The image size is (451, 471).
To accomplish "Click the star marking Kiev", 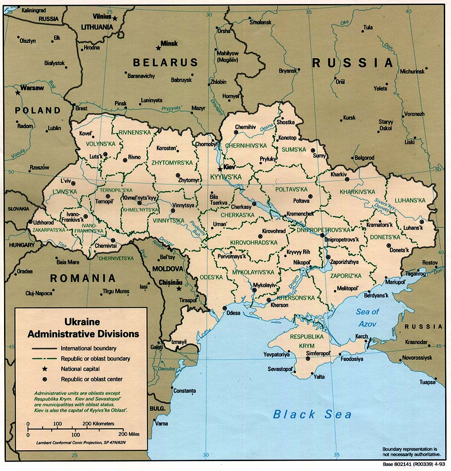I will [220, 169].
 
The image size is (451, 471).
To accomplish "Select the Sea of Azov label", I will [368, 318].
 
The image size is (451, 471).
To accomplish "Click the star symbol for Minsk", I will [158, 48].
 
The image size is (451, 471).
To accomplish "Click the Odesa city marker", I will [225, 308].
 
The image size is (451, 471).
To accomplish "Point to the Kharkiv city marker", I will [347, 179].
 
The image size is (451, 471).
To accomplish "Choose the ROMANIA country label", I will [83, 279].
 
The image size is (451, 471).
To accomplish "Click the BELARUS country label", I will [165, 63].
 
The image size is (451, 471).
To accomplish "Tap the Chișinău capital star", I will [179, 288].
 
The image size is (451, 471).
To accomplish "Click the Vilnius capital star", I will [115, 18].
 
